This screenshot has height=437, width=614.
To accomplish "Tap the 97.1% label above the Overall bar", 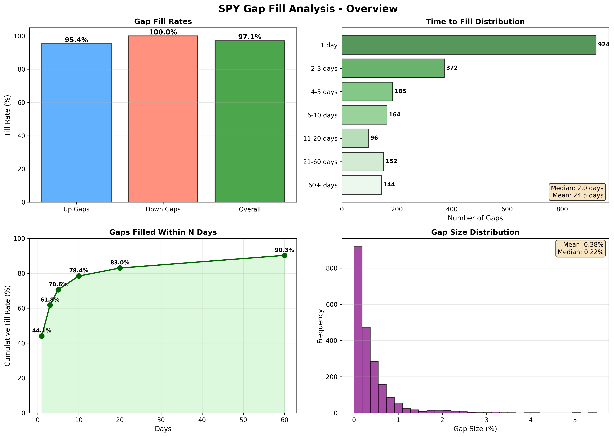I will coord(250,37).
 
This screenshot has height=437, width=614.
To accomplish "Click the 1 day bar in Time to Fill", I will coord(469,45).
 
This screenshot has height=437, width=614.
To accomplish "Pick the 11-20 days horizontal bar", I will coord(355,138).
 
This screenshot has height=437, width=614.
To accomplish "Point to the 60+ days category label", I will coord(323,185).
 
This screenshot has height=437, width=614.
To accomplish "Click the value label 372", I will coord(452,68).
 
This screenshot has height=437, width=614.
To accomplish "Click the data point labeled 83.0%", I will coord(120,268).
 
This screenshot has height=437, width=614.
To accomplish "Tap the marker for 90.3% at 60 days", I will coord(285,255).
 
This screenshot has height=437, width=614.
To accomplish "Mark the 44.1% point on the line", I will coord(42,336).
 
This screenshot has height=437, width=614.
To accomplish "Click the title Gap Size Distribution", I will coord(475,232).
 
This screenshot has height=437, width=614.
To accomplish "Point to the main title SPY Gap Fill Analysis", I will coord(308,9).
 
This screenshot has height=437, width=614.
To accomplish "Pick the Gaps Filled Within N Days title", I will coord(163,232).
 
